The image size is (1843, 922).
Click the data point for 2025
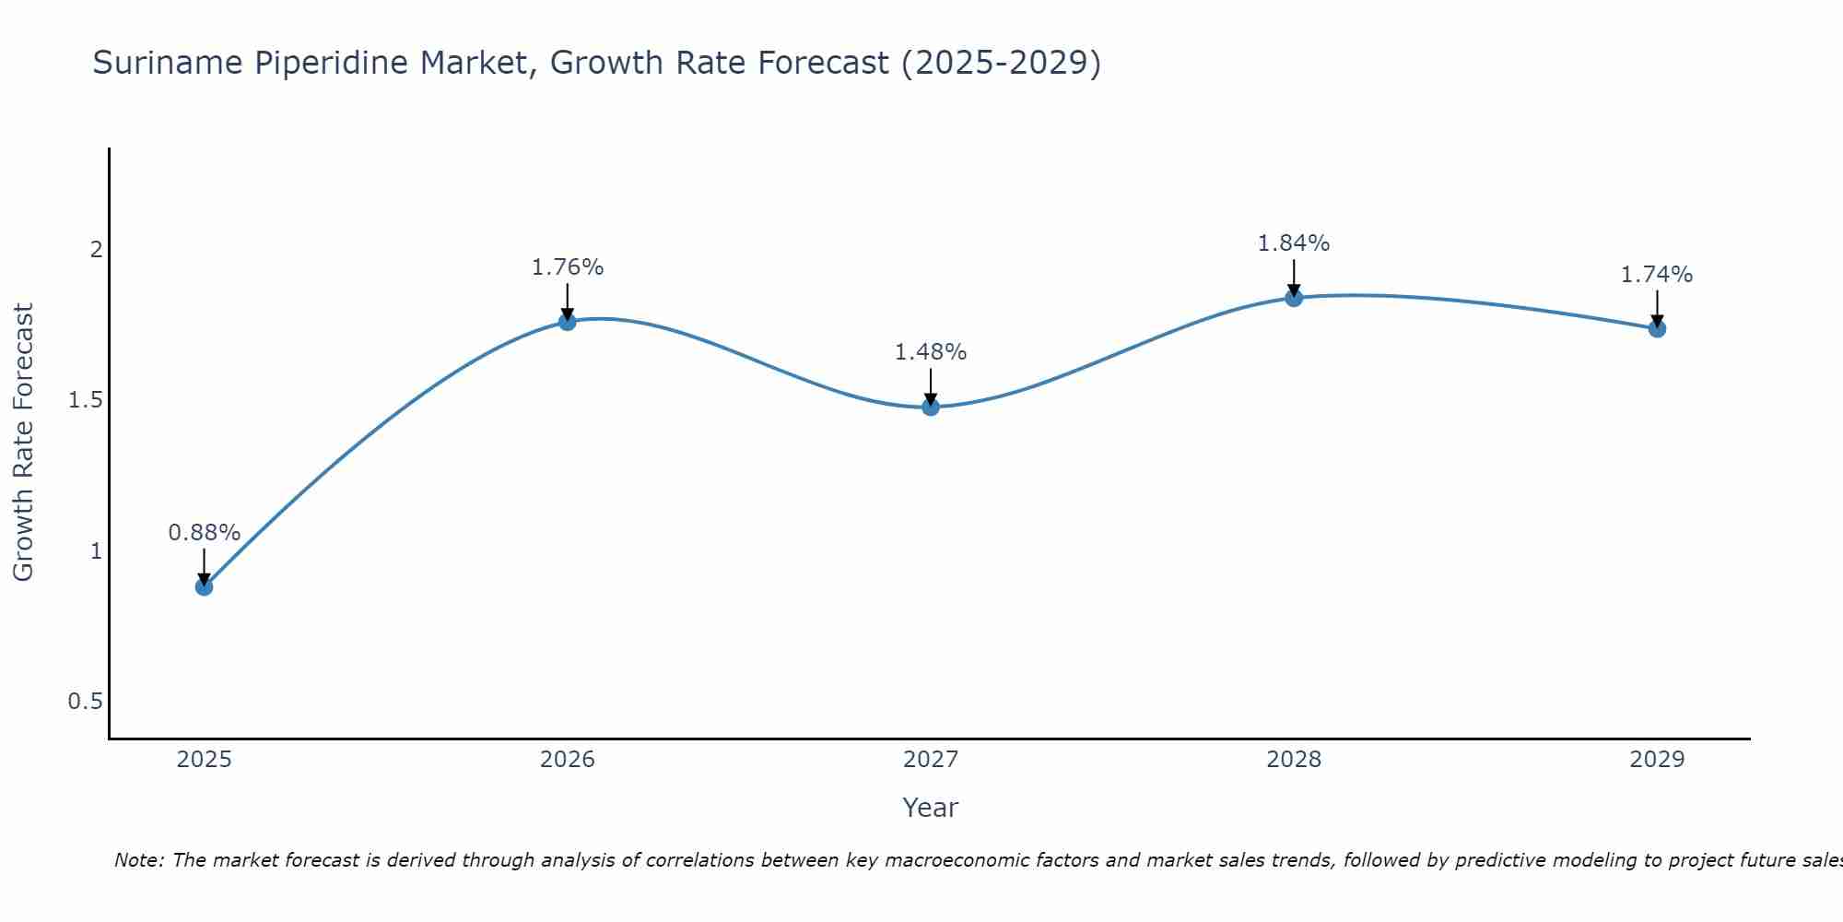204,586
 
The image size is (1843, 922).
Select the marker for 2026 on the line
568,322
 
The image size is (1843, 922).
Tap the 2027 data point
931,407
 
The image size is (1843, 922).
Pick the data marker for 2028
1294,298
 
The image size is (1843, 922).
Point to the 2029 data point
1657,328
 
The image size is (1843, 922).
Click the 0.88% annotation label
204,533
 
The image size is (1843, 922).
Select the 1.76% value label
568,267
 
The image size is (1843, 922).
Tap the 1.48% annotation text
931,352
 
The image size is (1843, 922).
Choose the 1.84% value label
1294,243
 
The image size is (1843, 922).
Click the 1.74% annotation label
1657,275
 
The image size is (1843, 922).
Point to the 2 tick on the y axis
95,250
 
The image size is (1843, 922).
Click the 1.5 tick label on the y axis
85,400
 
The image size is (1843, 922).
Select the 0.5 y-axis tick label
85,702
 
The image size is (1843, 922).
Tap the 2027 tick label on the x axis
931,760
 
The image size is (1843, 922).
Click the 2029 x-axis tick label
1657,760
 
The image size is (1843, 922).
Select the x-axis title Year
931,808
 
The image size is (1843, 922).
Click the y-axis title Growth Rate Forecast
23,443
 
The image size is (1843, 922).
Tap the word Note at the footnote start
137,860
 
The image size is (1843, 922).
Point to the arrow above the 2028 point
1294,277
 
